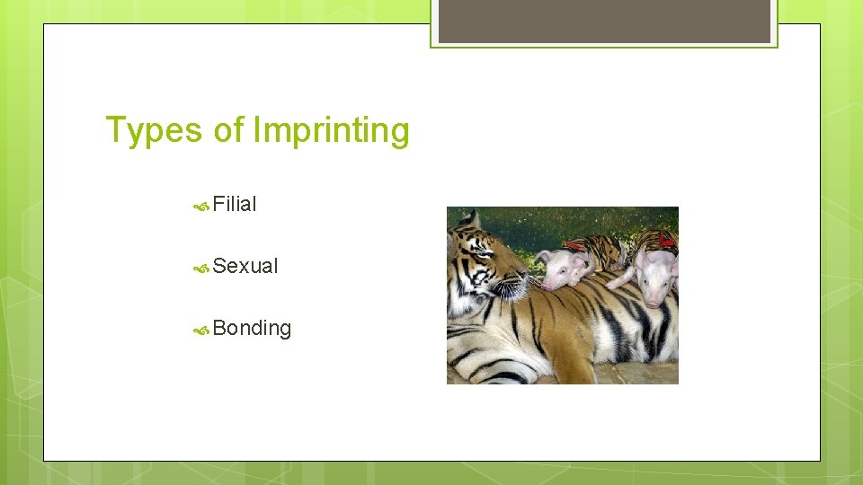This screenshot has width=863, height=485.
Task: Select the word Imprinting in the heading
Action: (x=331, y=130)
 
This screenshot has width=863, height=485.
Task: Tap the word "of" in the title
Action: (x=228, y=130)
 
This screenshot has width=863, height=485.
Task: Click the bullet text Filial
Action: (x=235, y=205)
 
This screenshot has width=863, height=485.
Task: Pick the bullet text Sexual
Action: (x=245, y=266)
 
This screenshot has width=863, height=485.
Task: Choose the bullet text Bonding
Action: (x=252, y=328)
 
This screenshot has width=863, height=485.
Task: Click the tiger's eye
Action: (x=486, y=252)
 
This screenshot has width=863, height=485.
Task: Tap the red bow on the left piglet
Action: (x=575, y=244)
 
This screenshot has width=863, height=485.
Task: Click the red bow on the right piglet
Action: (x=666, y=239)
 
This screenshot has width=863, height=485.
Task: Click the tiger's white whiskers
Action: (x=512, y=289)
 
